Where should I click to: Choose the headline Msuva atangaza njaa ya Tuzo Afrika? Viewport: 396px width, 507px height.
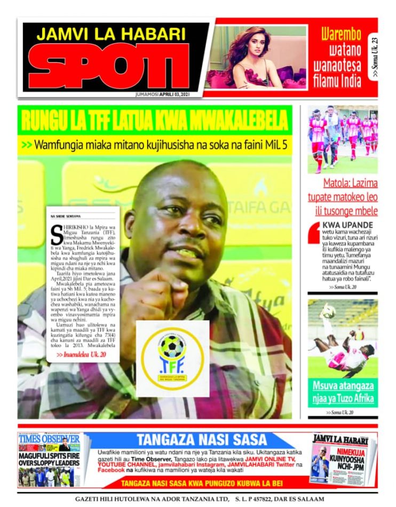pos(343,392)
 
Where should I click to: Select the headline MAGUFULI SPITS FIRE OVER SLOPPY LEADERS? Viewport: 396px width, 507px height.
pos(49,460)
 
